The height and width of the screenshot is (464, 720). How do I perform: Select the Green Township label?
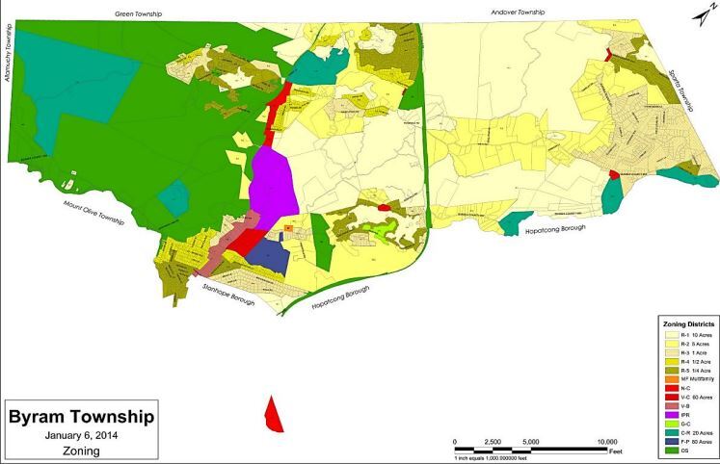[x=139, y=14]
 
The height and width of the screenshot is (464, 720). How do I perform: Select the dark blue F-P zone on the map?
[x=273, y=256]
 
